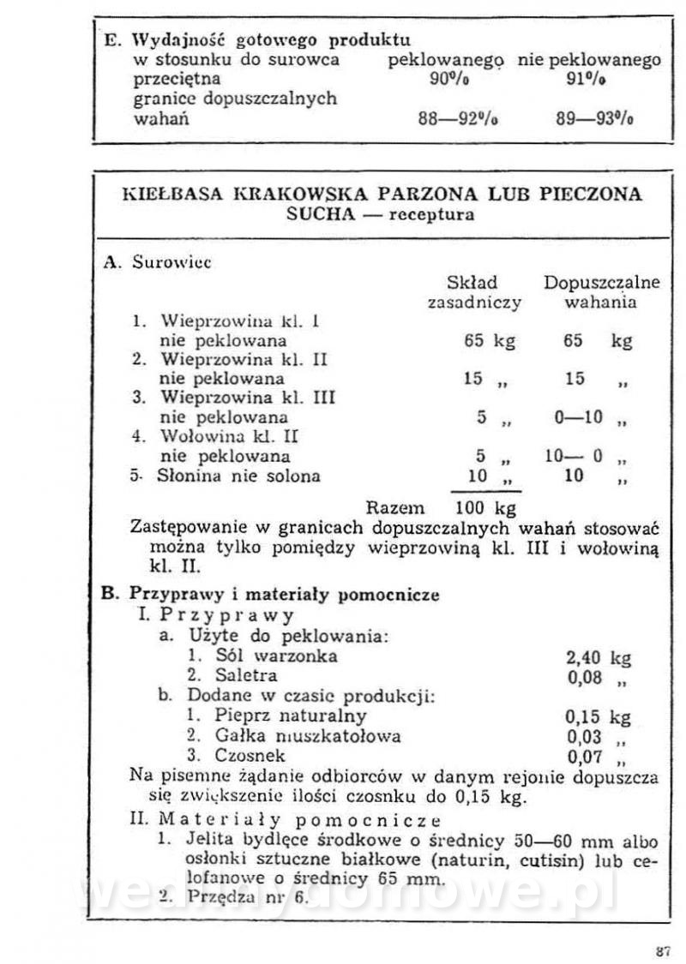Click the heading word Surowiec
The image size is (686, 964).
[x=171, y=263]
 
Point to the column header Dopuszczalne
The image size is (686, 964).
[x=602, y=283]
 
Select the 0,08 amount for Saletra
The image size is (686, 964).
[x=584, y=677]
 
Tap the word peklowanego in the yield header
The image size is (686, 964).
[x=445, y=60]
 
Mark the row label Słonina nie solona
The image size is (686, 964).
[x=238, y=476]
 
